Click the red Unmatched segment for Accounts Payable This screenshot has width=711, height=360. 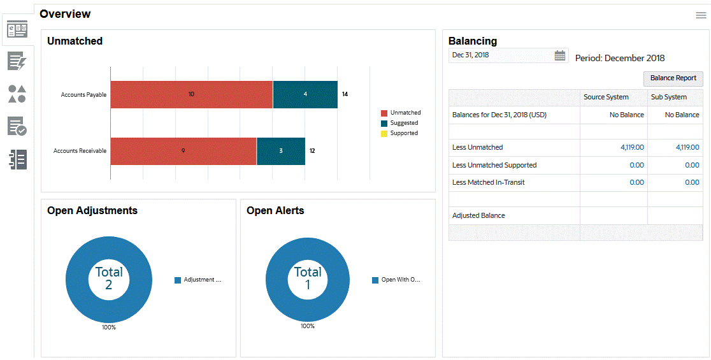(x=191, y=94)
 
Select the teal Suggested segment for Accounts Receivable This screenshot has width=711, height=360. (x=281, y=151)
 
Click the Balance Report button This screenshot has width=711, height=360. (x=673, y=78)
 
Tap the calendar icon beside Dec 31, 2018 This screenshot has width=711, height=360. (x=559, y=55)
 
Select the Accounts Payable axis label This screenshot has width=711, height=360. (x=83, y=95)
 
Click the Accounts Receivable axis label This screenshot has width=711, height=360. (x=80, y=152)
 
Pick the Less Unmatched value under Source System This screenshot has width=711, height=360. (x=632, y=147)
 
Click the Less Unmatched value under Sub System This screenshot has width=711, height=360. (x=687, y=147)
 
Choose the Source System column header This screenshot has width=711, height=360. (x=606, y=97)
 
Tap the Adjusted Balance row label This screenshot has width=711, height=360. (x=478, y=215)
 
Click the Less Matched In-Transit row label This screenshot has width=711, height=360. (x=488, y=182)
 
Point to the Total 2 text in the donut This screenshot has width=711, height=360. (x=109, y=278)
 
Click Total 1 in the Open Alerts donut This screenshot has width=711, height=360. (x=308, y=278)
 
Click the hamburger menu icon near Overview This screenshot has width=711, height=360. (x=701, y=15)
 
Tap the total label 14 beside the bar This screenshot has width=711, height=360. (x=345, y=94)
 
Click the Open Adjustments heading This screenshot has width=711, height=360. (x=92, y=211)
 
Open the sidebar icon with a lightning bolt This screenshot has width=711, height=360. (x=17, y=61)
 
